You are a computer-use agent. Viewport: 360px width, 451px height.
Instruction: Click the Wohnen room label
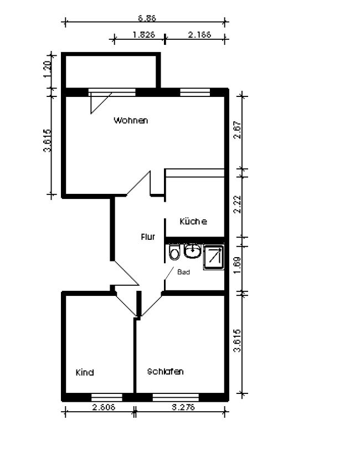131,120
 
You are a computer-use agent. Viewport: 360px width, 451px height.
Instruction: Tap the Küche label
193,221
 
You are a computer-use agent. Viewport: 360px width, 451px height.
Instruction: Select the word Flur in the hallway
148,237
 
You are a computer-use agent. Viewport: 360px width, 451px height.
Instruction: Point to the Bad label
183,272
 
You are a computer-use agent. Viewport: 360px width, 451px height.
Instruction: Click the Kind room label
85,372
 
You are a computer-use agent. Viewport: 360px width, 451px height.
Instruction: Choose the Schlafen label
166,371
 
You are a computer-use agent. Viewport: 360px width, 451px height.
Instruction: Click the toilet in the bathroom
174,252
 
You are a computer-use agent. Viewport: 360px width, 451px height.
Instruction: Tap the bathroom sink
192,251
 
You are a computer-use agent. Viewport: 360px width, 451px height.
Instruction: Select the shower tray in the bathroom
214,258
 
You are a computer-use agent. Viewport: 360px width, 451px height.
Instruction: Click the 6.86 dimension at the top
147,18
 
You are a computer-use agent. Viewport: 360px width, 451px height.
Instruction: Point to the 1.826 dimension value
144,34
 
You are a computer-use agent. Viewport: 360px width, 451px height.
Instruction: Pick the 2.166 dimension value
199,34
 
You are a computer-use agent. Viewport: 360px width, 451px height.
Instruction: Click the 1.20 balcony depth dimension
47,69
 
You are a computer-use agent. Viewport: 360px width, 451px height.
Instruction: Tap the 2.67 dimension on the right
238,130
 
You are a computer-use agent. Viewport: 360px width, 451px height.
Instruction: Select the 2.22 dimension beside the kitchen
238,204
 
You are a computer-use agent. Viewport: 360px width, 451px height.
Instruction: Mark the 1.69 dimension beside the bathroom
238,265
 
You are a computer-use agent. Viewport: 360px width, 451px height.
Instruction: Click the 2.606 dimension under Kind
104,407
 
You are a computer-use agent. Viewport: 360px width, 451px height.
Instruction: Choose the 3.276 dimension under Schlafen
183,407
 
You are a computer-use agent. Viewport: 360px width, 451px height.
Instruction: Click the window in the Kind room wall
107,397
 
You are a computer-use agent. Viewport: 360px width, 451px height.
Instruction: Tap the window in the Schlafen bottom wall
176,397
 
